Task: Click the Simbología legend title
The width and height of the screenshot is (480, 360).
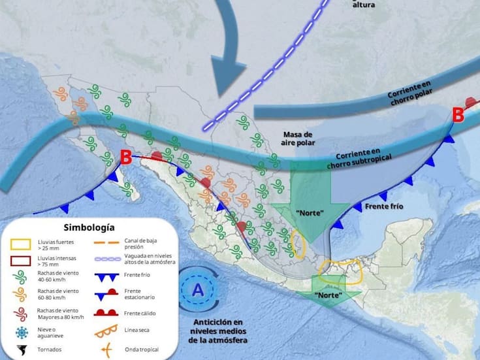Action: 89,227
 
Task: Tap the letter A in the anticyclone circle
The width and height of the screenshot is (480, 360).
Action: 197,287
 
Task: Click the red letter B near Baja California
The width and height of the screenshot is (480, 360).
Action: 126,157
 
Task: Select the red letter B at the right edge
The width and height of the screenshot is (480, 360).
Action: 458,116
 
